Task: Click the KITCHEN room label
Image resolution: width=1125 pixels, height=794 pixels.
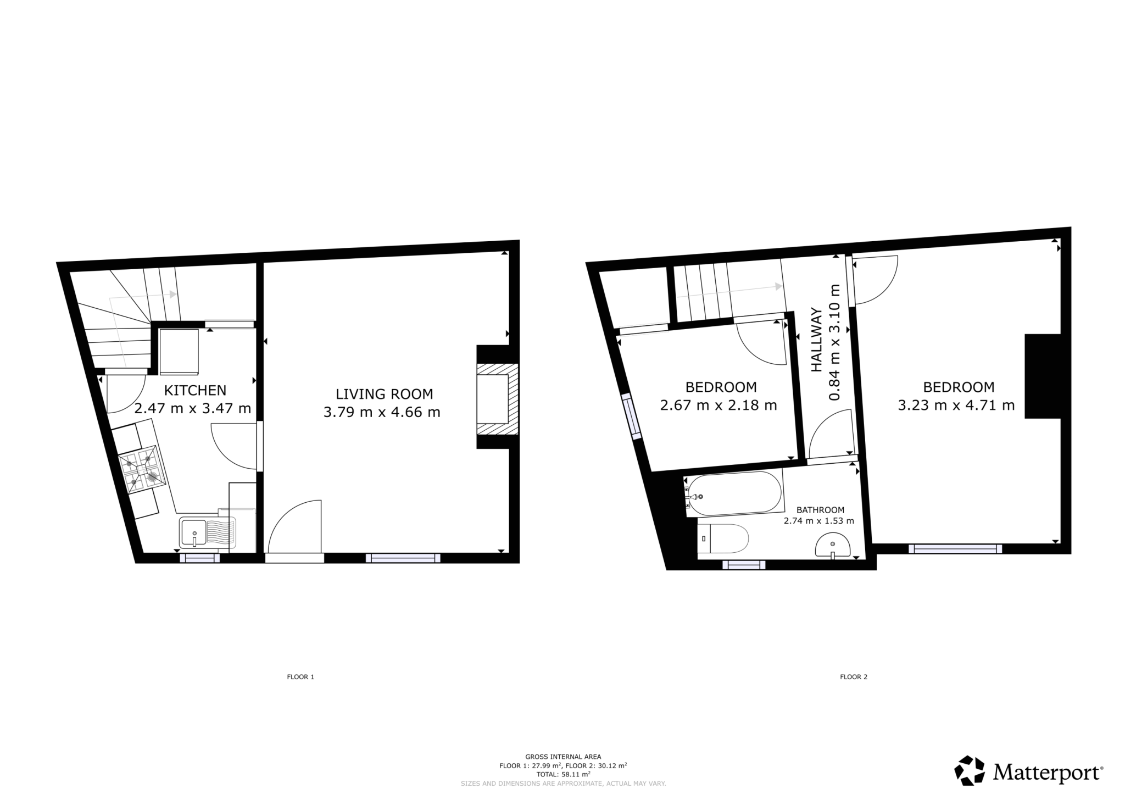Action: [x=195, y=390]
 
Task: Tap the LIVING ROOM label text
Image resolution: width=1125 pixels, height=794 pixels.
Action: [x=384, y=394]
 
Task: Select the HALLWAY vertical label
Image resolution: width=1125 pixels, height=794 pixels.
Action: [x=817, y=340]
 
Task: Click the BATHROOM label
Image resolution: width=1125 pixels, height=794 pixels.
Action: [x=820, y=510]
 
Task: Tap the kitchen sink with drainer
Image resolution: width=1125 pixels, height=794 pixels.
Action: [x=208, y=534]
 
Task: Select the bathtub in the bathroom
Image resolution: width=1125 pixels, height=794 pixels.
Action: [x=734, y=494]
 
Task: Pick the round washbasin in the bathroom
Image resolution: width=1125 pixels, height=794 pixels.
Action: [x=833, y=546]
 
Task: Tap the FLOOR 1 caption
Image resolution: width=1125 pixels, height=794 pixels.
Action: [x=300, y=677]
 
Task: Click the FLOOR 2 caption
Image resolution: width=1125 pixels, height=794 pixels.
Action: [x=854, y=677]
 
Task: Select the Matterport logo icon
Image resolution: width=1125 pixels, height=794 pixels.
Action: [x=971, y=772]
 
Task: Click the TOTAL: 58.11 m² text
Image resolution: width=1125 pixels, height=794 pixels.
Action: [x=563, y=774]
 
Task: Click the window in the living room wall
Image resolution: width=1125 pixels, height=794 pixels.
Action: [x=403, y=558]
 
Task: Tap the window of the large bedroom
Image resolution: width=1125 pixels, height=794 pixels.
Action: [x=955, y=548]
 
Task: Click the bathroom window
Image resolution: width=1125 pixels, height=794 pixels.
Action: [x=744, y=564]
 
